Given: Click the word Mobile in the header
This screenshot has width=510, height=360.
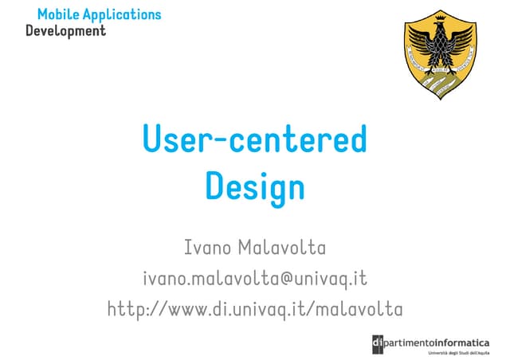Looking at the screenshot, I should click(55, 14).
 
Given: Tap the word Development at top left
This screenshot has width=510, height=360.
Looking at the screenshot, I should click(65, 31).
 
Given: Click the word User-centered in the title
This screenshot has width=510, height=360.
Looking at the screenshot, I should click(254, 140).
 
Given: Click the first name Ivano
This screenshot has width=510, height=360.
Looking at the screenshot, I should click(208, 248).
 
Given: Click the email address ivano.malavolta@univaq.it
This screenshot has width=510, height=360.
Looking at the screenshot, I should click(255, 278).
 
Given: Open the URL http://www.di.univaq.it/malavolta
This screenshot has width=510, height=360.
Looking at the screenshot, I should click(255, 308).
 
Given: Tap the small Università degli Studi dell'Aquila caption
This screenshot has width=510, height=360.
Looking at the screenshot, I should click(461, 352).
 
